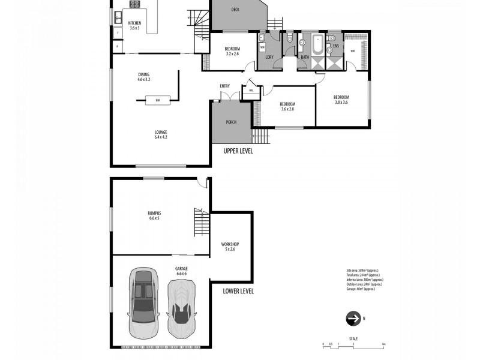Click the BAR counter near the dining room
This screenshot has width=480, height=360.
point(157,100)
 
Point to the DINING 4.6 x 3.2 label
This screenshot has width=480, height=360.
point(143,77)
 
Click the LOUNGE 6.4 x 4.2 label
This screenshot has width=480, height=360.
point(160,134)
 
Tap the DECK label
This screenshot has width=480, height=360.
point(236,10)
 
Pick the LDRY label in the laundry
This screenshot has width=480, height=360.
point(270,58)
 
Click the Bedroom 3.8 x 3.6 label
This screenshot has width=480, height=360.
point(341,100)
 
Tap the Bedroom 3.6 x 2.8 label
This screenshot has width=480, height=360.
point(287,107)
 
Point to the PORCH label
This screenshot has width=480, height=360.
point(231,122)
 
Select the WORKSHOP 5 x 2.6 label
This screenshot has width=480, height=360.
point(230,247)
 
